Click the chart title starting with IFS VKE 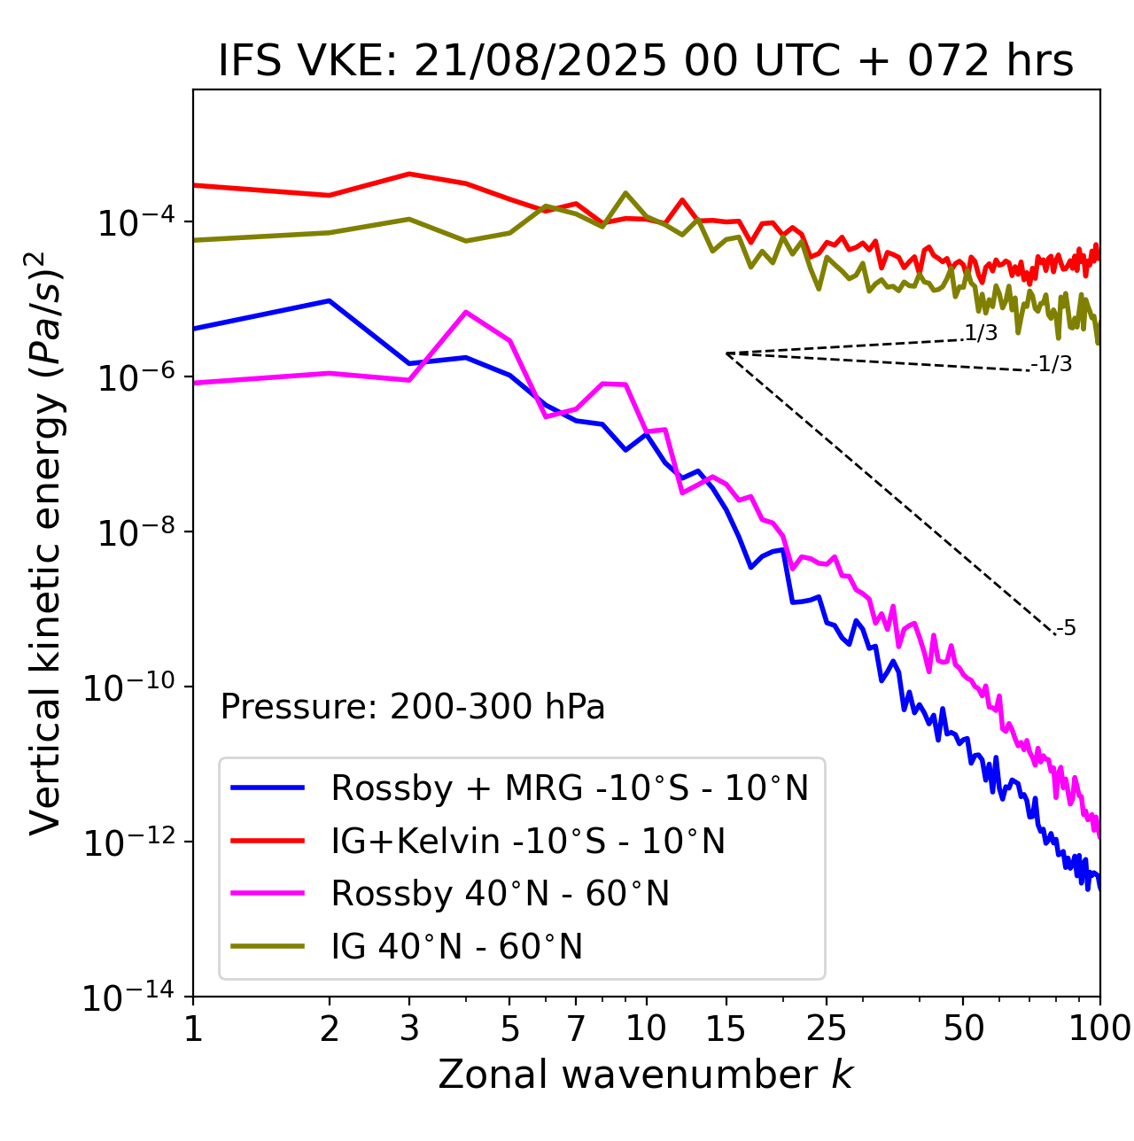point(646,61)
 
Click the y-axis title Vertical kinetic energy point(47,542)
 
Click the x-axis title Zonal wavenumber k point(646,1074)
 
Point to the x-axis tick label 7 point(576,1028)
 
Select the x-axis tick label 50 point(963,1028)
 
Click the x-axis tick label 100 point(1099,1028)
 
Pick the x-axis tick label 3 point(409,1028)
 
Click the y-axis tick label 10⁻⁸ point(134,533)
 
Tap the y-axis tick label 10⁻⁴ point(134,222)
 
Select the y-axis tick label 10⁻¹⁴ point(128,998)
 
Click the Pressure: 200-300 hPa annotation point(413,707)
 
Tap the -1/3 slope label point(1052,364)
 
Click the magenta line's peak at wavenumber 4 point(466,312)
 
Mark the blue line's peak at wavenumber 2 point(330,301)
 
